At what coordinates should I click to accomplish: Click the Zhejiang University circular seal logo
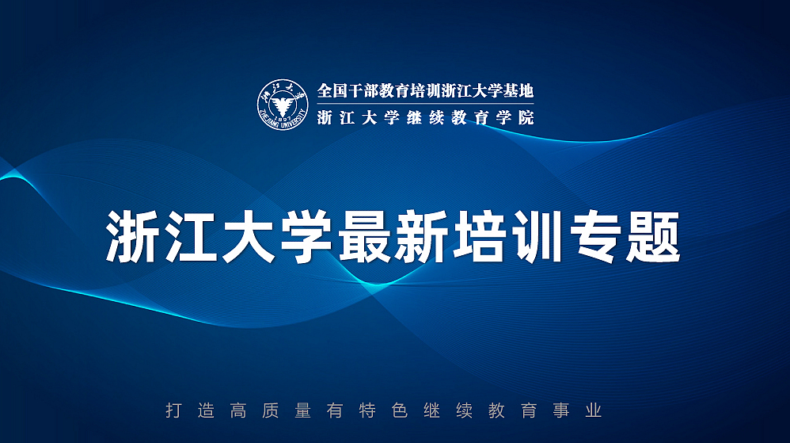point(282,104)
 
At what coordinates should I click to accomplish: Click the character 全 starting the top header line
point(325,91)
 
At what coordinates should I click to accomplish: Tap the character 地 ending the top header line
point(526,91)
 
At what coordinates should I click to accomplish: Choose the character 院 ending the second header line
point(526,118)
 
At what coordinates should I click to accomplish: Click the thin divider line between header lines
point(425,105)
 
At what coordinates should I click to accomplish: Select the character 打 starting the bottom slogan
point(173,411)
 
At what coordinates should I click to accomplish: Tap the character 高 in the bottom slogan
point(237,411)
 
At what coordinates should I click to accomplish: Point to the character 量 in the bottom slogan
point(302,411)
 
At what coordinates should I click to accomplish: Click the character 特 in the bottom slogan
point(367,411)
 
